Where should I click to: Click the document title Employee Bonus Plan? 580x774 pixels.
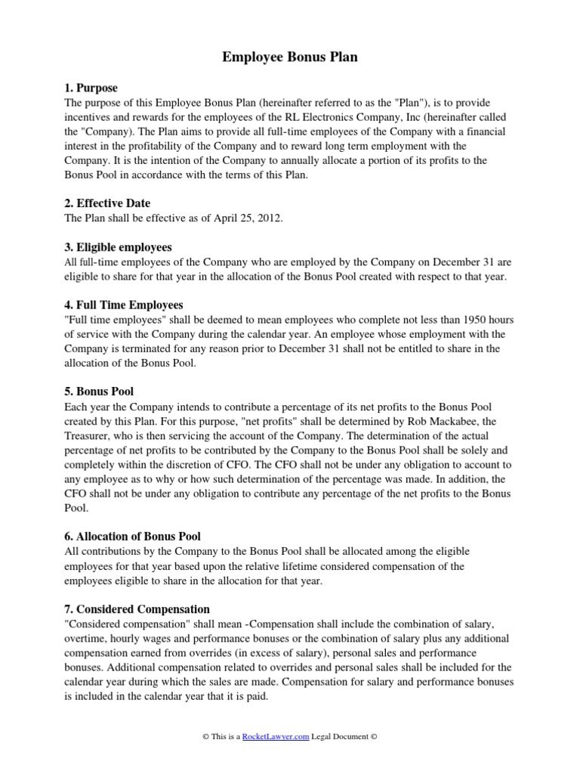pyautogui.click(x=290, y=57)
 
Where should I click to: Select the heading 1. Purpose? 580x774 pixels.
pyautogui.click(x=91, y=88)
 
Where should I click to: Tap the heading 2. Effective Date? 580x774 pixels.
pyautogui.click(x=107, y=203)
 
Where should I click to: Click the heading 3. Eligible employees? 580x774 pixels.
pyautogui.click(x=119, y=247)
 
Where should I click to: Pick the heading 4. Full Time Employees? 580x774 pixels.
pyautogui.click(x=124, y=305)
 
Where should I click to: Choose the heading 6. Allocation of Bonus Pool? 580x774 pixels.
pyautogui.click(x=132, y=537)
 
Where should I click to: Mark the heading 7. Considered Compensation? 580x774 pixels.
pyautogui.click(x=137, y=609)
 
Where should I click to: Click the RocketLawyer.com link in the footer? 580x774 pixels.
pyautogui.click(x=276, y=737)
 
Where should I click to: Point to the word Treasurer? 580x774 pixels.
pyautogui.click(x=90, y=436)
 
